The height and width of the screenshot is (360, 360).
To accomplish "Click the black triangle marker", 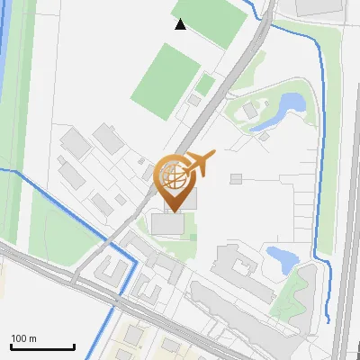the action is pos(181,24).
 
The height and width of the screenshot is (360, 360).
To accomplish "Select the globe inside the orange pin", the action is pos(171,173).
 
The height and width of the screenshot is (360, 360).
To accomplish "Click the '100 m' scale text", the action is pos(23,338).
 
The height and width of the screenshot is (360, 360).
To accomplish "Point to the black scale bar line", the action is pos(42,346).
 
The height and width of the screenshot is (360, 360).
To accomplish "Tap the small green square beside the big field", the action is pos(206,85).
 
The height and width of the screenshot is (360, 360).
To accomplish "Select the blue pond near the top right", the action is pos(290,106).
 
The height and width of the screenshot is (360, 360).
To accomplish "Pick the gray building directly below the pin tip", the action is pos(167,224).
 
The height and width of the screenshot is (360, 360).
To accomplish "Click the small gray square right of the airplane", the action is pos(236,179).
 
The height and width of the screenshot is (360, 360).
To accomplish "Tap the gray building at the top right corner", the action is pos(319,6).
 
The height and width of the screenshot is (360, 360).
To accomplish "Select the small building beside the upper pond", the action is pos(250,111).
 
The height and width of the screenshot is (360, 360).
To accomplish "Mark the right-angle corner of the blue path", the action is pos(136,260).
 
